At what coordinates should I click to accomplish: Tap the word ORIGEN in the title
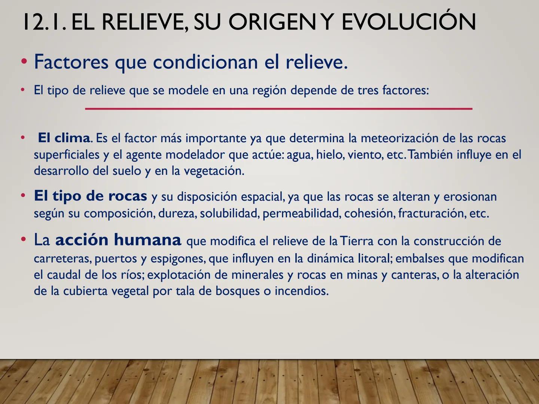coord(272,22)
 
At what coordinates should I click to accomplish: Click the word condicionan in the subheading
coord(205,62)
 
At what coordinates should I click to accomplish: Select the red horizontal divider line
coord(279,108)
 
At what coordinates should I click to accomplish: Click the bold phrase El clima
coord(64,138)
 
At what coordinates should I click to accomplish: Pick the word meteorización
coord(399,138)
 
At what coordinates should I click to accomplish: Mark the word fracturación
coord(432,213)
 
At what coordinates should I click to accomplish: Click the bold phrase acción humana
coord(118,239)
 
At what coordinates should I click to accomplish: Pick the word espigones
coord(178,259)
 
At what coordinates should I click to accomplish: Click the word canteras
coord(415,275)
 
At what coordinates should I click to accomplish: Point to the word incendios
coord(302,291)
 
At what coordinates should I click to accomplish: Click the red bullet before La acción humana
coord(23,239)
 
